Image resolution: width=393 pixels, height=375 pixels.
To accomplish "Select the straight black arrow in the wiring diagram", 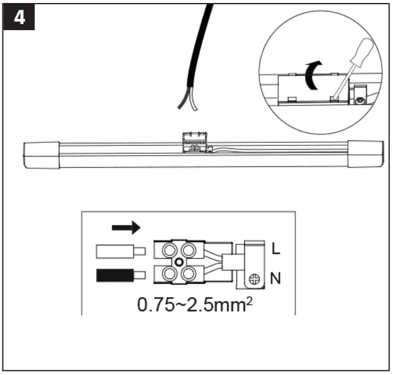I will click(126, 227).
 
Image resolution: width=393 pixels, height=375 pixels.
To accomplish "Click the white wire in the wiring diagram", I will click(121, 251).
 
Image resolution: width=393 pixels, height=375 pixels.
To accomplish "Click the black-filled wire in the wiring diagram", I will click(121, 277).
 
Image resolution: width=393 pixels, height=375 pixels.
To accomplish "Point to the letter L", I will click(275, 248).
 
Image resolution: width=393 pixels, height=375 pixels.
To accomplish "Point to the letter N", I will click(275, 279).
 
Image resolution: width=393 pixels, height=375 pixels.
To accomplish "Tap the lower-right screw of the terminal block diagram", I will click(187, 276).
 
